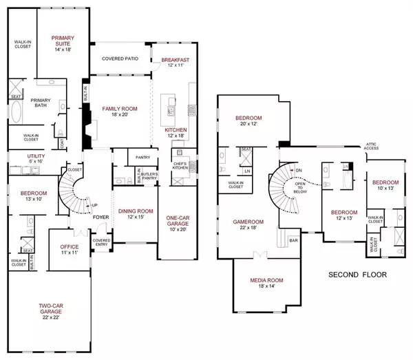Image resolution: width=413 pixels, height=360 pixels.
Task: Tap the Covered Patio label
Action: pyautogui.click(x=120, y=59)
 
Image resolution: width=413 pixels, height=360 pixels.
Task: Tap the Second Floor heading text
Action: pyautogui.click(x=357, y=275)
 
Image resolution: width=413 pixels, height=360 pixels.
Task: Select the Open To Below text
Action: pyautogui.click(x=299, y=184)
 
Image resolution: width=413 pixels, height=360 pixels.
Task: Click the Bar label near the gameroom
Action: pyautogui.click(x=294, y=241)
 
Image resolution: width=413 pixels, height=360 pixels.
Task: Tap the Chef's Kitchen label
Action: pyautogui.click(x=181, y=165)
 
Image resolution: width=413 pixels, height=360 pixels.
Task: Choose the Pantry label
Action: pyautogui.click(x=143, y=158)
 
